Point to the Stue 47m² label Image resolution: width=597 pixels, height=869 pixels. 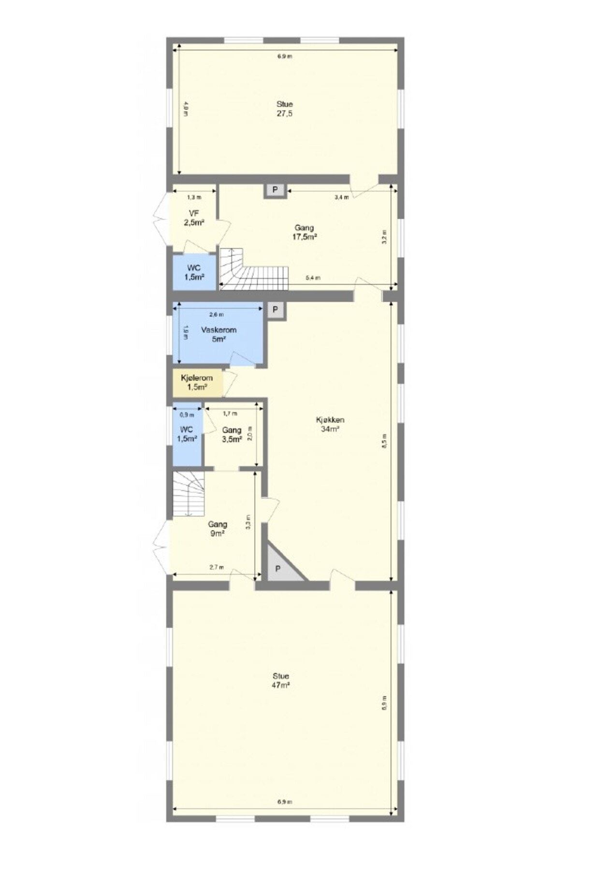pyautogui.click(x=281, y=680)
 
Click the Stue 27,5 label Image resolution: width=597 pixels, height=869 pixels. pyautogui.click(x=284, y=109)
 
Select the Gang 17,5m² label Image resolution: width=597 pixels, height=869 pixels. pyautogui.click(x=305, y=232)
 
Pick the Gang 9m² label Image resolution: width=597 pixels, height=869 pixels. pyautogui.click(x=218, y=528)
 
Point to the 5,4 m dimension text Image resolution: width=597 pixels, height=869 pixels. pyautogui.click(x=313, y=278)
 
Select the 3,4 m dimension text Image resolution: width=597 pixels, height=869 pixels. pyautogui.click(x=341, y=197)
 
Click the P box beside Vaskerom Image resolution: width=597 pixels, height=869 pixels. pyautogui.click(x=276, y=309)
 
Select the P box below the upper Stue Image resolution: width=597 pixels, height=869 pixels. pyautogui.click(x=275, y=190)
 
